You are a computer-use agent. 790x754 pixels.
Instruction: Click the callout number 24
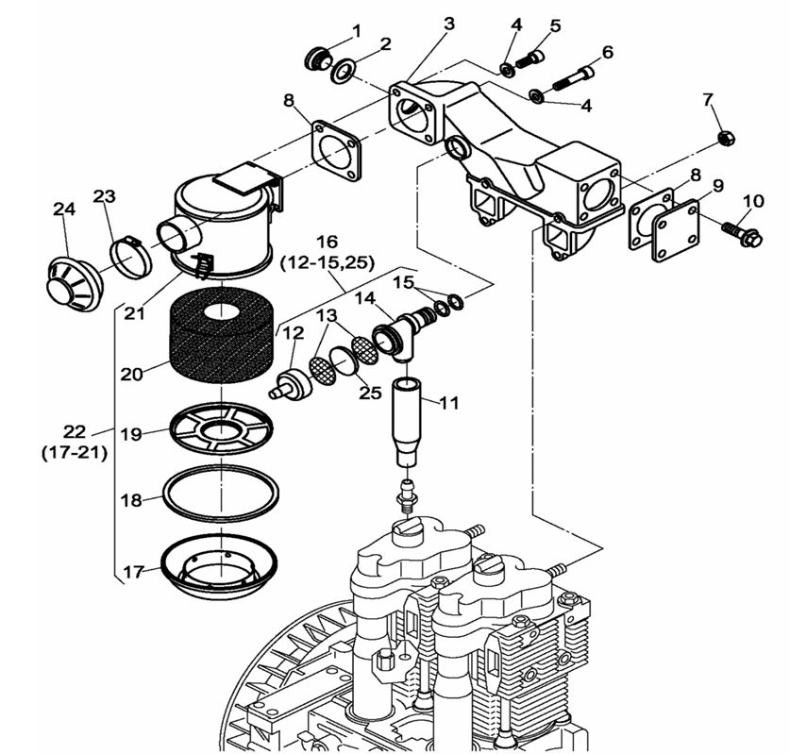pos(63,209)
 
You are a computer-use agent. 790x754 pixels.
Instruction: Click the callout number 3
pos(449,22)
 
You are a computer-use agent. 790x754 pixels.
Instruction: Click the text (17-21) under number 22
pos(74,452)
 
